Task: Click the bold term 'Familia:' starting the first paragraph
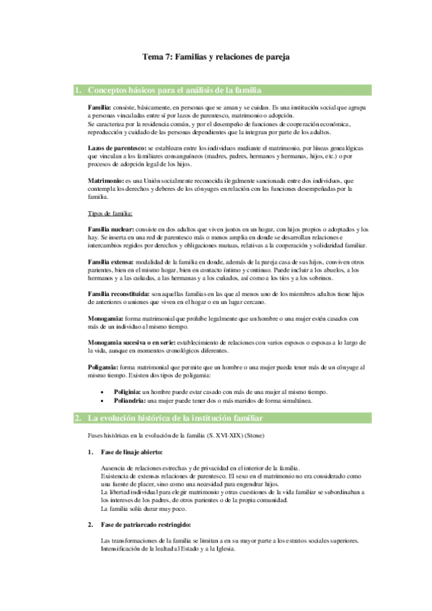point(100,106)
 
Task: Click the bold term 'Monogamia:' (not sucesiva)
point(106,318)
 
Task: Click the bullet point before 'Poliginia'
point(107,391)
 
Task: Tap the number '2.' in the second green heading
point(79,418)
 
